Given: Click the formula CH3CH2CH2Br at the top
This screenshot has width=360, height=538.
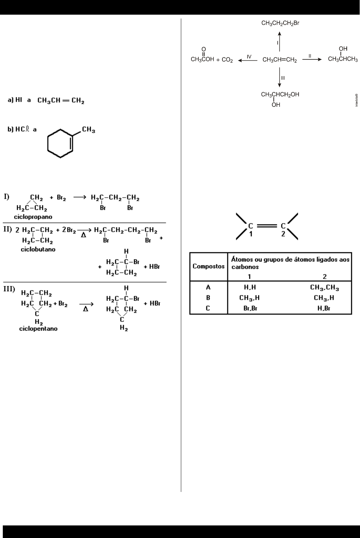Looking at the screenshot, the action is pos(280,23).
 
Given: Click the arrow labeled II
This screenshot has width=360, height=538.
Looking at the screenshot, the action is pos(311,60).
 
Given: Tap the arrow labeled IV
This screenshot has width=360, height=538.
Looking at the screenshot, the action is pos(248,60).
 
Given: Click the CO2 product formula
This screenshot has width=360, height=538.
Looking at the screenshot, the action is pos(227,60).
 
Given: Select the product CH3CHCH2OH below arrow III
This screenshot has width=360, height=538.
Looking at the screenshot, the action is pos(280,95).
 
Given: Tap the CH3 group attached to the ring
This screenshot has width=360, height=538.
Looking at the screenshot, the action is pos(89,130).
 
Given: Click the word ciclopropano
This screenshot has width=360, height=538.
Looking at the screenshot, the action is pos(33,217).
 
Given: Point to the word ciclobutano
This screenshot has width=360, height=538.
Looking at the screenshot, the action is pos(38,250).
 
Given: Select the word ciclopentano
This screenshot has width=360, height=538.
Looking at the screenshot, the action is pos(38,329).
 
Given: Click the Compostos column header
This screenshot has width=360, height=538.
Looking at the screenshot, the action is pos(208,266).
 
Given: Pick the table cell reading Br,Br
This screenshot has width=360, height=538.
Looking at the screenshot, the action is pos(250,308).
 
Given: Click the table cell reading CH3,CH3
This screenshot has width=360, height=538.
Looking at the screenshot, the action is pos(324,287).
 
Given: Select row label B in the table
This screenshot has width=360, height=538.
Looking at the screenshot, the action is pos(208,298).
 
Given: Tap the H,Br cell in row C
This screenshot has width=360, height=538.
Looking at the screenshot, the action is pos(324,308).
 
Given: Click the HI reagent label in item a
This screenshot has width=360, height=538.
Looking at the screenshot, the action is pos(18,100).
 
